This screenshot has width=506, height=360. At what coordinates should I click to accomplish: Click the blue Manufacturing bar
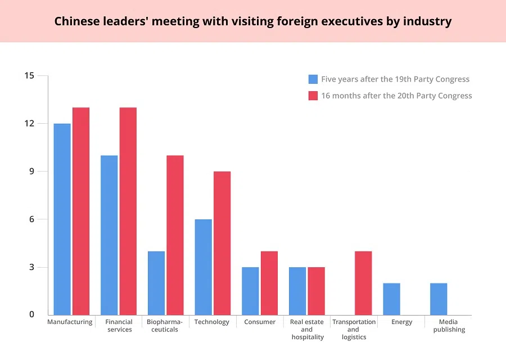(x=62, y=219)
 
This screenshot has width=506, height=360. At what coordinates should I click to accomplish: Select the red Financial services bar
(x=128, y=211)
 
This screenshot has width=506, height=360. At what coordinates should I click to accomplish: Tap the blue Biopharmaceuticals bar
(x=156, y=283)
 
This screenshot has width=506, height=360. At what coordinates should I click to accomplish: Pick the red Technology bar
(x=222, y=243)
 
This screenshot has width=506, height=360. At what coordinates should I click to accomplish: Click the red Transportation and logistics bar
(x=363, y=283)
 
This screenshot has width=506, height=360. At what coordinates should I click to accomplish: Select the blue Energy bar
(x=392, y=299)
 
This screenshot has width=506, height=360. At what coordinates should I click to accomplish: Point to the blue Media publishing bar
(x=439, y=299)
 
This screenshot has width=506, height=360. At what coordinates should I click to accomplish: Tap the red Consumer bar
(x=269, y=283)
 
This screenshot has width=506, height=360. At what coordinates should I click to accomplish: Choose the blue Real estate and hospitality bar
(x=297, y=291)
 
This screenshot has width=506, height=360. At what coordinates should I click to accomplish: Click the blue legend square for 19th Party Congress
(x=313, y=79)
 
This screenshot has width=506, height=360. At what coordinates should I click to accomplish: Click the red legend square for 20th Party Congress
(x=313, y=96)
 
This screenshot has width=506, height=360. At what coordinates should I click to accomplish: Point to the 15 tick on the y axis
(x=29, y=76)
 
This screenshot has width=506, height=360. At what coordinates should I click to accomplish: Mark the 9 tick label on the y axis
(x=31, y=172)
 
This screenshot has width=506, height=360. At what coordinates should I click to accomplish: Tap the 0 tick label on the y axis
(x=31, y=315)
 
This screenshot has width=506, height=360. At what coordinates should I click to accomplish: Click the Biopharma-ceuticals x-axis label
(x=165, y=326)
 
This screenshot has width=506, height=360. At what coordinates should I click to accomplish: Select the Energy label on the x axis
(x=401, y=322)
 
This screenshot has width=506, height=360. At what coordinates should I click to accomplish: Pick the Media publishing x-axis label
(x=449, y=326)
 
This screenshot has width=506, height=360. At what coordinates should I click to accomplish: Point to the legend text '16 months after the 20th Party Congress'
(x=396, y=96)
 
